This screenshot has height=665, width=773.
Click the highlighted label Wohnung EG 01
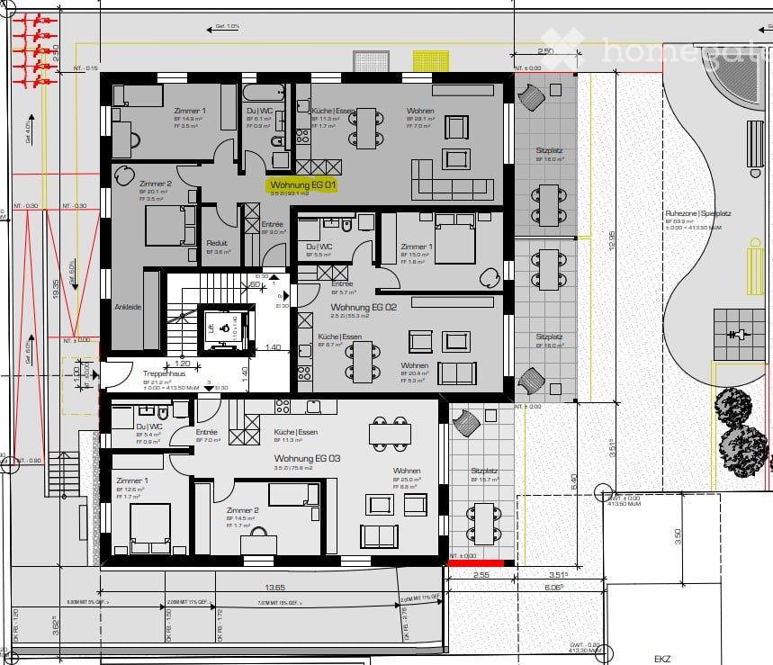tap(302, 184)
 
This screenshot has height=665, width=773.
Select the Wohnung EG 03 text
tap(308, 458)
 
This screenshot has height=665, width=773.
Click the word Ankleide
tap(127, 306)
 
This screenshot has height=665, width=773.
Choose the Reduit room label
tap(217, 243)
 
